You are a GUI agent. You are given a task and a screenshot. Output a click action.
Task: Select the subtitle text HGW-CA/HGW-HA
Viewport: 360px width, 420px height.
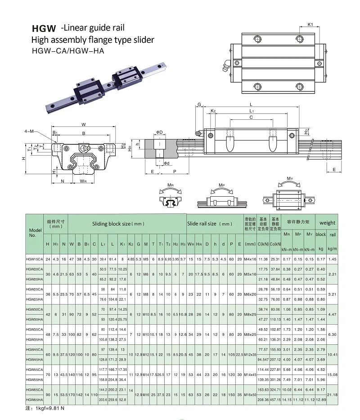[68, 50]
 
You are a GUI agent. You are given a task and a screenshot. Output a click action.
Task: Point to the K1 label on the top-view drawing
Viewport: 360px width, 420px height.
[310, 24]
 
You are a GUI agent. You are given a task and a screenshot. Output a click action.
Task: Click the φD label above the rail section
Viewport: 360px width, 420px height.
[160, 132]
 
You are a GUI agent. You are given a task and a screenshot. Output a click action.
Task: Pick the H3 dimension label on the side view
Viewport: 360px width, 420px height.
[306, 131]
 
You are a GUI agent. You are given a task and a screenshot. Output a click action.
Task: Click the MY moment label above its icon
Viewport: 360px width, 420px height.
[291, 179]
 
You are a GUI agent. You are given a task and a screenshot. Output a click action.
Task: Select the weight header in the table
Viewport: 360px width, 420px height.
[327, 222]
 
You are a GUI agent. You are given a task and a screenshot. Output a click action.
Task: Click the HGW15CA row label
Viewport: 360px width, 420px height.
[35, 259]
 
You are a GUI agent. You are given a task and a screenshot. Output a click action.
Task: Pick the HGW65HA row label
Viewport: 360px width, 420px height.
[35, 400]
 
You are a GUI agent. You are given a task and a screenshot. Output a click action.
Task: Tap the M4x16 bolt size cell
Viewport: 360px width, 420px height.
[250, 259]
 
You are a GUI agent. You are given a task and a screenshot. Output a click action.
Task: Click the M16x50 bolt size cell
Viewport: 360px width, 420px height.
[250, 394]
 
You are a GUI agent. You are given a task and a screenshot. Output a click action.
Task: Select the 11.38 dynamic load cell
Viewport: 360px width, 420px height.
[263, 259]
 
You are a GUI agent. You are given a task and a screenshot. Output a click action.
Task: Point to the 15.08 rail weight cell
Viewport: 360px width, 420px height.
[333, 374]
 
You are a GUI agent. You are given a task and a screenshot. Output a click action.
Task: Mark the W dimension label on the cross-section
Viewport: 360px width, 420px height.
[84, 124]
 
